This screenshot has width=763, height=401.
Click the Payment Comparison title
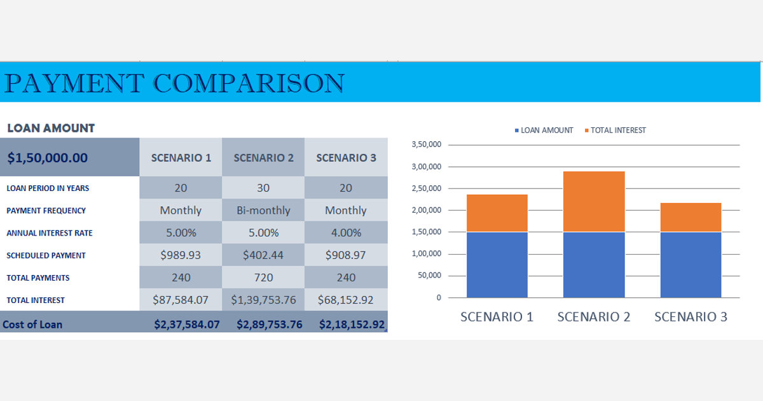point(174,83)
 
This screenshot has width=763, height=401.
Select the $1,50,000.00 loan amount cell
point(48,158)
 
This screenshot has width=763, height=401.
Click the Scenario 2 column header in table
point(263,158)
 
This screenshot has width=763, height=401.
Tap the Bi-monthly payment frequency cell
point(263,210)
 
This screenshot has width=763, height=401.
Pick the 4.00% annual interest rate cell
point(346,232)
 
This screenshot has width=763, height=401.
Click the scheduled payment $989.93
point(181,255)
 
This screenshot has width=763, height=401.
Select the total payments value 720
point(263,277)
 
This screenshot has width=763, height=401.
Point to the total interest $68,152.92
point(346,299)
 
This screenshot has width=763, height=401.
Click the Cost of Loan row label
point(32,324)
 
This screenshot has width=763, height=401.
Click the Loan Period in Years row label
point(48,188)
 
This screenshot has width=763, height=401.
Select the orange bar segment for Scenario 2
point(594,201)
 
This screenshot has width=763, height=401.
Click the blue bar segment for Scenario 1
point(497,264)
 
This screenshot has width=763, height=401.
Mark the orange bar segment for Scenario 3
point(691,217)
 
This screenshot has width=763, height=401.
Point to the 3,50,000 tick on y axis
point(426,145)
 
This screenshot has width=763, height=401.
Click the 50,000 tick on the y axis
point(430,276)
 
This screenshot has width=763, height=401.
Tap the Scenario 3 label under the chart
point(691,316)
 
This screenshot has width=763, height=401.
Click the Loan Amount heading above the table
point(51,128)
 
